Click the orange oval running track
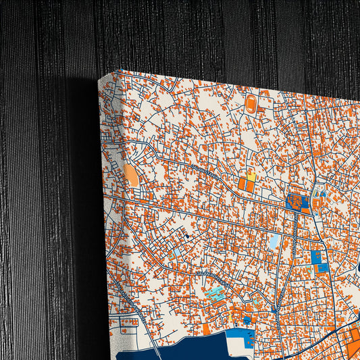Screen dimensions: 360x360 pyautogui.click(x=251, y=104)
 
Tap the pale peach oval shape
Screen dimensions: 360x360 pyautogui.click(x=132, y=176)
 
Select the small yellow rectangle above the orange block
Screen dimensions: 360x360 pyautogui.click(x=251, y=176)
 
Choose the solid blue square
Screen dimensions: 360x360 pyautogui.click(x=315, y=257)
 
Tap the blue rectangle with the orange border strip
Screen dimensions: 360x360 pyautogui.click(x=322, y=267)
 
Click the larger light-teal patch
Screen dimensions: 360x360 pyautogui.click(x=216, y=293)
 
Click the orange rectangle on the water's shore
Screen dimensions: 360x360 pyautogui.click(x=206, y=329)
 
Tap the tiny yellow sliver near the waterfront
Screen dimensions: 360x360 pyautogui.click(x=230, y=317)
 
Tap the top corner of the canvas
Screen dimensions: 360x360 pyautogui.click(x=118, y=70)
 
